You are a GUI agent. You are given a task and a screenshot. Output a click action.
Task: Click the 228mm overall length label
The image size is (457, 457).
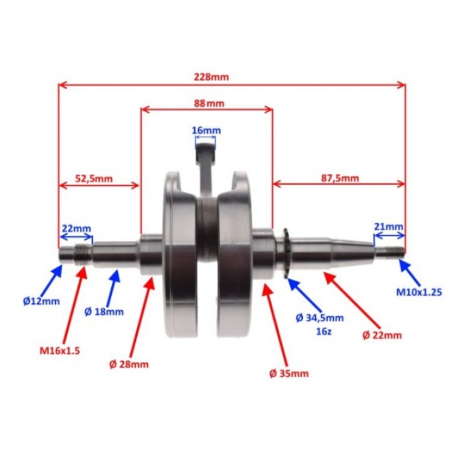click(x=211, y=77)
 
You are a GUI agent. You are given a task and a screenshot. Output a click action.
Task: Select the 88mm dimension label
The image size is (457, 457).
click(x=209, y=103)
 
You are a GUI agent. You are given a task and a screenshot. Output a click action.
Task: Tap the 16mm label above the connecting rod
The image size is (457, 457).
click(x=206, y=130)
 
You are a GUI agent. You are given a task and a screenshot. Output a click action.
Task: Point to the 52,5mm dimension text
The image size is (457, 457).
click(x=94, y=178)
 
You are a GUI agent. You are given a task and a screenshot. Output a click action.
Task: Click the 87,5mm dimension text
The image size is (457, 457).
click(x=340, y=178)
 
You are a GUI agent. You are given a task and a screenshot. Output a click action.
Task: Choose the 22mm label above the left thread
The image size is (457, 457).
click(x=76, y=228)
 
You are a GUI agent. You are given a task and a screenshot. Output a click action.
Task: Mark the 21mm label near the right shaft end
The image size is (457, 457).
click(x=388, y=227)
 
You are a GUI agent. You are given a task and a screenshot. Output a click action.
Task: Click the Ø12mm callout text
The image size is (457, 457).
click(x=41, y=301)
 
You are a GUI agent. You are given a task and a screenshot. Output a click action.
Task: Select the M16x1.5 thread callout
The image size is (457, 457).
click(x=60, y=350)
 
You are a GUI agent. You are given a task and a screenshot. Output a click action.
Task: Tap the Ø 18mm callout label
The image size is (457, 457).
click(x=104, y=312)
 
